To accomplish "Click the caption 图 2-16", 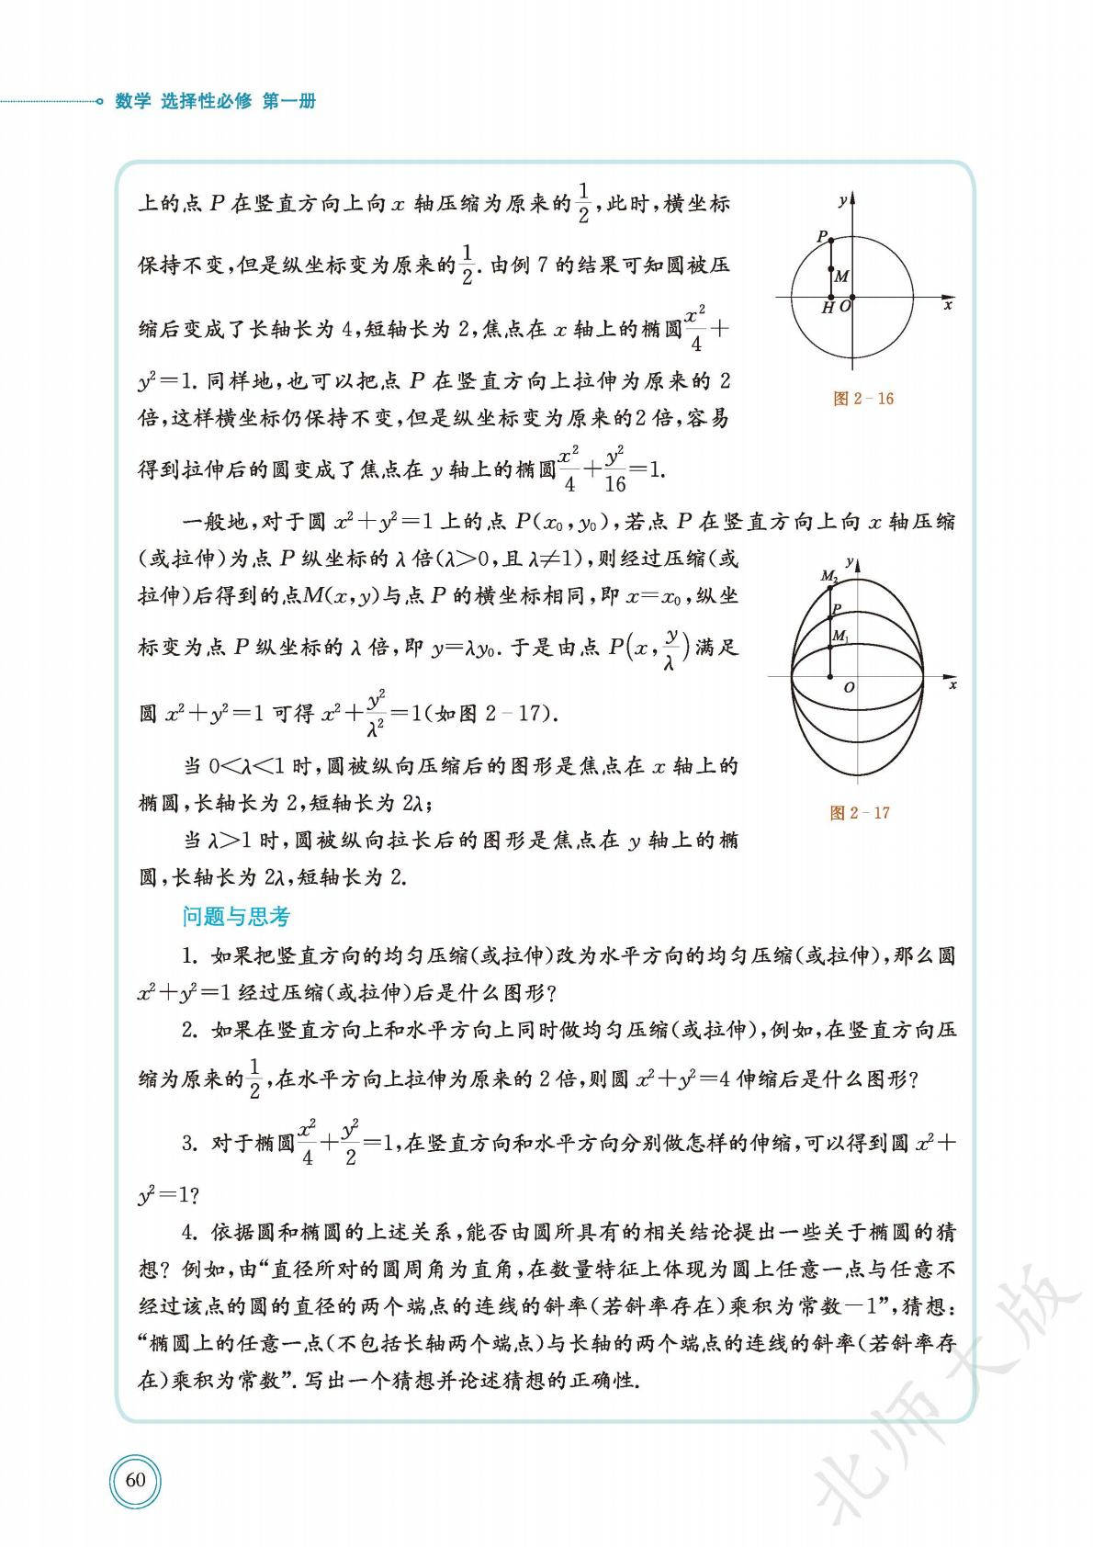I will coord(862,399).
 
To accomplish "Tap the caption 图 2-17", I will coord(859,813).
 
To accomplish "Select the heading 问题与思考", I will coord(236,917).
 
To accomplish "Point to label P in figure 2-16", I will coord(822,236).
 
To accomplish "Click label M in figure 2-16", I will coord(842,276).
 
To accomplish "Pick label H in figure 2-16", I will coord(828,309).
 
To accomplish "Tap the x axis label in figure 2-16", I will coord(948,305).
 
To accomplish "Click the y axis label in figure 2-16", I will coord(842,198).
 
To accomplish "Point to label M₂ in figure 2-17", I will coord(828,577).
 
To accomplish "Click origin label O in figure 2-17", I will coord(849,687).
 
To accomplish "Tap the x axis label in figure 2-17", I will coord(952,685).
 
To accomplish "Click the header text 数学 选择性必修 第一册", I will coord(215,102).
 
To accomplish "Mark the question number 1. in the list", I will coord(190,956).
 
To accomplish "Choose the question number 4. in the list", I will coord(190,1232).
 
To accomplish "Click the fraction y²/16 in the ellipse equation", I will coord(615,469).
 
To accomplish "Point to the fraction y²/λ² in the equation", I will coord(375,713).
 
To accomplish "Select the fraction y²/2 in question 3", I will coord(348,1143).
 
